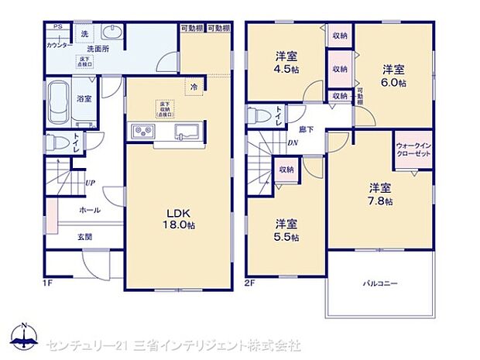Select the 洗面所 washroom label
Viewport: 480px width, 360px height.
(96, 48)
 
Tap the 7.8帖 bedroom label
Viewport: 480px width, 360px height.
(379, 194)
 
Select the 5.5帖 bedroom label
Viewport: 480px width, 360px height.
(286, 230)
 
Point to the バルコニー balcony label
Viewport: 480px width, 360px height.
(380, 284)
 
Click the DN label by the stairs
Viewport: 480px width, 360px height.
(293, 142)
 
